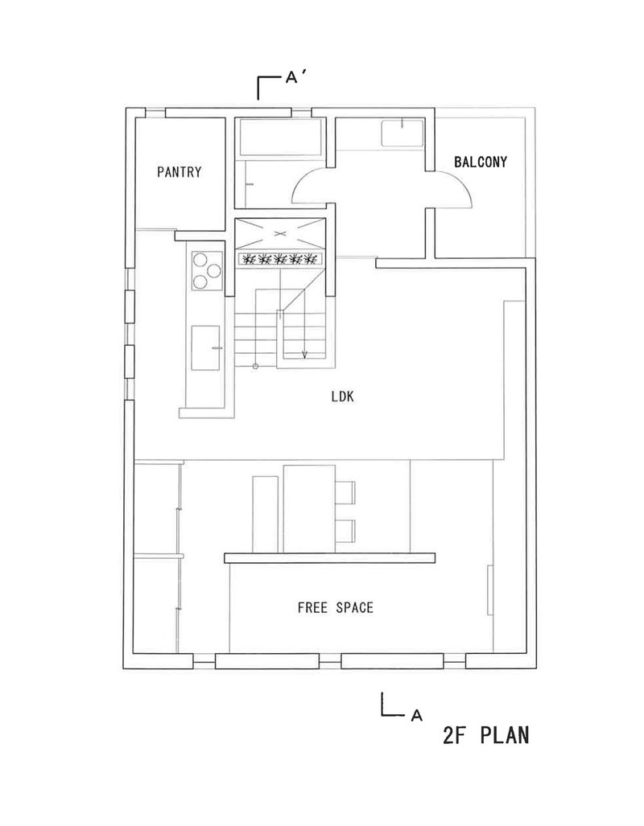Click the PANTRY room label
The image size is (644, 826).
pyautogui.click(x=180, y=172)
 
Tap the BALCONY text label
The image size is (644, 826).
pyautogui.click(x=481, y=162)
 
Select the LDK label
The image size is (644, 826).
pyautogui.click(x=343, y=397)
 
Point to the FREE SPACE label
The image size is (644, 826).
pyautogui.click(x=336, y=607)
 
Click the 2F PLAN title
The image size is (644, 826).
pyautogui.click(x=485, y=735)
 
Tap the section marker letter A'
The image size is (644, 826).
pyautogui.click(x=295, y=77)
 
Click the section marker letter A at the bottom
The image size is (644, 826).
pyautogui.click(x=417, y=715)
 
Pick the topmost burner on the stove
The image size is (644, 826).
pyautogui.click(x=201, y=260)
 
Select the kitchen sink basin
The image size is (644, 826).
pyautogui.click(x=205, y=347)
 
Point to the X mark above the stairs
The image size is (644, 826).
pyautogui.click(x=280, y=233)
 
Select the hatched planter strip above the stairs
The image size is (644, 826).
pyautogui.click(x=280, y=259)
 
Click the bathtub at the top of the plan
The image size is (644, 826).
pyautogui.click(x=281, y=137)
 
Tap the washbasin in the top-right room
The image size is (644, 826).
pyautogui.click(x=402, y=134)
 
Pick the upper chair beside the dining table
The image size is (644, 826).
pyautogui.click(x=345, y=492)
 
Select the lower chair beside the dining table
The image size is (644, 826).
pyautogui.click(x=345, y=531)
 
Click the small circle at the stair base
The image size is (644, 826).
pyautogui.click(x=255, y=366)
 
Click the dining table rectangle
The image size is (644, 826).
pyautogui.click(x=309, y=509)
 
